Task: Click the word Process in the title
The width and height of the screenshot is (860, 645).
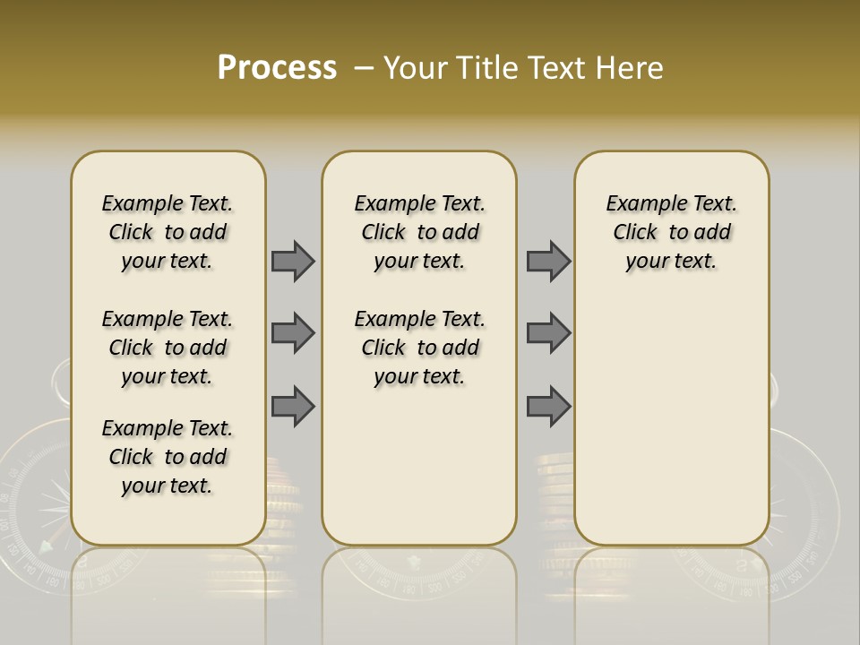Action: [x=277, y=67]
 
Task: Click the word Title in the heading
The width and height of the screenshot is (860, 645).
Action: [x=487, y=68]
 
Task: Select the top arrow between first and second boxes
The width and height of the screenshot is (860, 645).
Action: [x=293, y=261]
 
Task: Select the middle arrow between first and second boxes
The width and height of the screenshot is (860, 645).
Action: [x=293, y=333]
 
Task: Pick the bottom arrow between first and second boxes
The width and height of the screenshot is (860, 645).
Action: [x=293, y=406]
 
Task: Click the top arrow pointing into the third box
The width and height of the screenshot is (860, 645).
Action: [x=548, y=261]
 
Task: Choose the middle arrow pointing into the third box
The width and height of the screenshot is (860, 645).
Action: [x=548, y=333]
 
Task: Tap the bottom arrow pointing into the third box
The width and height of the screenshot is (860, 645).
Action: [x=548, y=406]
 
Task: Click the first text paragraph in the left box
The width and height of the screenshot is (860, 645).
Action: [x=168, y=232]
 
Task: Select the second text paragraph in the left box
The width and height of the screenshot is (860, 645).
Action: [x=168, y=348]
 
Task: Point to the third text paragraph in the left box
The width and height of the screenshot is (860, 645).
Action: [x=168, y=457]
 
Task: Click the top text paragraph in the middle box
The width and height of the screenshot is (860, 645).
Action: [x=419, y=232]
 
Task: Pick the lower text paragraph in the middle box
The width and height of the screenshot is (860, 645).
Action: [x=419, y=348]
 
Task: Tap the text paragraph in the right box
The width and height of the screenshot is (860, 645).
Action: [x=671, y=232]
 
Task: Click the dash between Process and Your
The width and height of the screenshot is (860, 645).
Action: [x=364, y=68]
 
